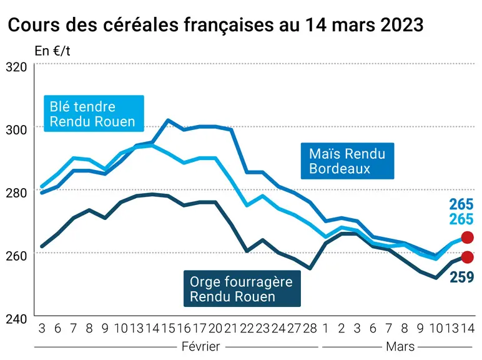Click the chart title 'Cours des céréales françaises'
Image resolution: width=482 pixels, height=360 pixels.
point(140,24)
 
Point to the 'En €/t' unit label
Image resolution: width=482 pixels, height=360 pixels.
point(52,51)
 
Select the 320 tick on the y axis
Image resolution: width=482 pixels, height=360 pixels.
point(16,67)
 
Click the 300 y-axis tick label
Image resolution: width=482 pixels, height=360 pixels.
point(16,130)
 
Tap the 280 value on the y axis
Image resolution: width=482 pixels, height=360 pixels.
point(16,193)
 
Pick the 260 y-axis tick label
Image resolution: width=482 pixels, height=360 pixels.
point(16,256)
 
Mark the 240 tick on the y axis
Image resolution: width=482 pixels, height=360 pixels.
point(16,319)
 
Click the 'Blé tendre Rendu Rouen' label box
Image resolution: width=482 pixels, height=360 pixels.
point(94,114)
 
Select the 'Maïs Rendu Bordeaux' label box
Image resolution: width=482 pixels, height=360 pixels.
point(347,161)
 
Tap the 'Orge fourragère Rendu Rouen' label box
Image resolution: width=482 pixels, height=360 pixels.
point(242,289)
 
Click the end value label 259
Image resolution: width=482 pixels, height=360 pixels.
point(461,277)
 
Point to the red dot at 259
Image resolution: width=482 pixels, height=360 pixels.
point(467,257)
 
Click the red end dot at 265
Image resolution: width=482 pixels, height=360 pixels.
point(467,237)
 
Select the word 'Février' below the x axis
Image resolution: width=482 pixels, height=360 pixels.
point(201,347)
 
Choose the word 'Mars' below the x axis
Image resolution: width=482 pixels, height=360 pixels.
point(400,347)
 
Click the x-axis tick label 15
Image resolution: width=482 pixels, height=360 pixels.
point(168,329)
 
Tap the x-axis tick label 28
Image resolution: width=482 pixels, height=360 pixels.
point(310,329)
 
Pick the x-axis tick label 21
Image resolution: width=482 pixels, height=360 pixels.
point(232,329)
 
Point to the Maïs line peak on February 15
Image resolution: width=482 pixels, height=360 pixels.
point(168,120)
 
